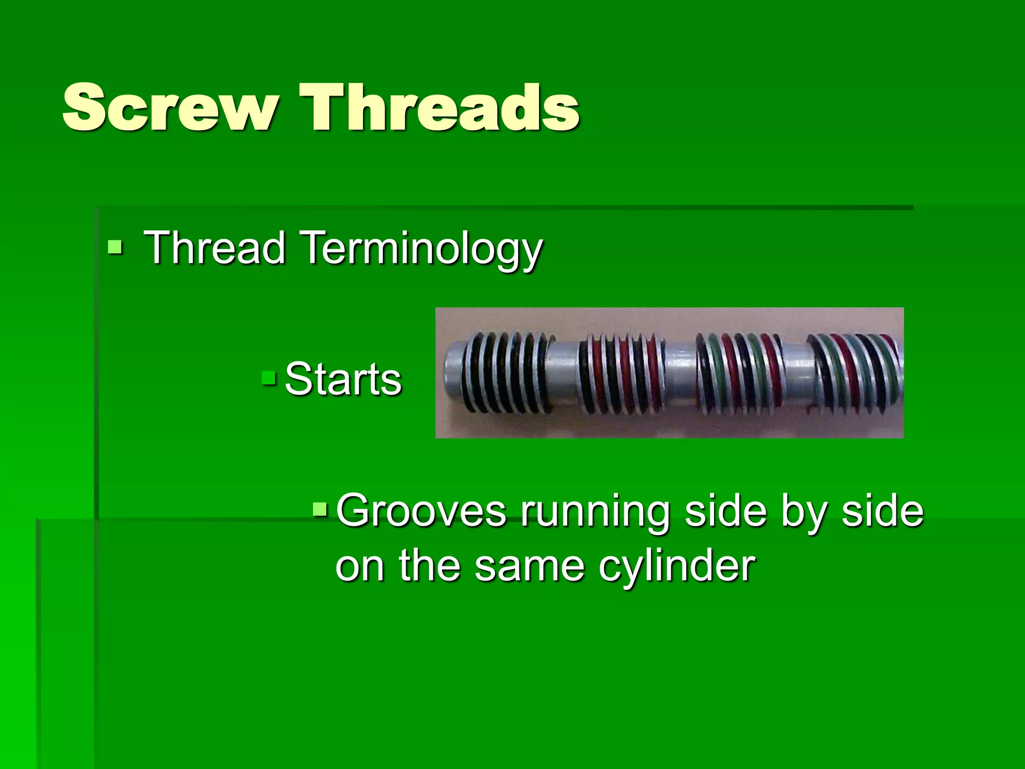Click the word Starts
(343, 379)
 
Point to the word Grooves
(420, 511)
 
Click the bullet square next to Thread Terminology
(115, 247)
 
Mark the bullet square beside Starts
(269, 378)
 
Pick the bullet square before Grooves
(320, 510)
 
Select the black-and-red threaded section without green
(621, 373)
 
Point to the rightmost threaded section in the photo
(856, 373)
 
